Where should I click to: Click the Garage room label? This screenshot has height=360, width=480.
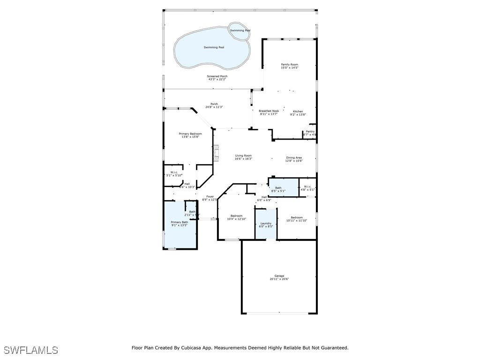[x=279, y=276]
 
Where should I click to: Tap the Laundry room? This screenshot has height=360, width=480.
[x=266, y=225]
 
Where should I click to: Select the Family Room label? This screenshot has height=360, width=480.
[x=289, y=65]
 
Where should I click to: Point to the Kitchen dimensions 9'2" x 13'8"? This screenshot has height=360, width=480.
[x=298, y=114]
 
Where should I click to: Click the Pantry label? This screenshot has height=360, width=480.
[x=310, y=132]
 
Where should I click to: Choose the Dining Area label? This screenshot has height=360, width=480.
[x=294, y=158]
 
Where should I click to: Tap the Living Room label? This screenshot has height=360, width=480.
[x=243, y=156]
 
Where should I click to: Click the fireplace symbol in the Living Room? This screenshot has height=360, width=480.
[x=216, y=153]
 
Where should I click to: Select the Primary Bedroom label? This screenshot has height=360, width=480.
[x=190, y=134]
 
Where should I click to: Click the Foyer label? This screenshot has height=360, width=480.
[x=210, y=196]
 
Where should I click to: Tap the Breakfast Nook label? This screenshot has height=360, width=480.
[x=269, y=111]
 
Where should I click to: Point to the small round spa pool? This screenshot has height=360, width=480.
[x=240, y=30]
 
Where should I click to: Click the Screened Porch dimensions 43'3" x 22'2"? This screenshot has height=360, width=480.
[x=217, y=80]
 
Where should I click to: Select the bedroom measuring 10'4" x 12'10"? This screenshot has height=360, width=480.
[x=236, y=217]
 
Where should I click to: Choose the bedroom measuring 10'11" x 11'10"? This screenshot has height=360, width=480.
[x=296, y=219]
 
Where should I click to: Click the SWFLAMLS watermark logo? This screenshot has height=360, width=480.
[x=30, y=350]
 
